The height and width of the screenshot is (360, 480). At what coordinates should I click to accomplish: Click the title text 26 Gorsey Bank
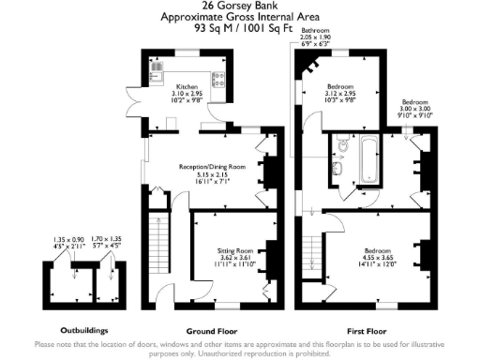coord(239,7)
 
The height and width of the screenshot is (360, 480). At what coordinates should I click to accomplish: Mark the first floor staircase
coord(311,246)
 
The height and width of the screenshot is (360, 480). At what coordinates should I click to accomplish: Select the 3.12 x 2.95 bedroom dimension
coord(338,94)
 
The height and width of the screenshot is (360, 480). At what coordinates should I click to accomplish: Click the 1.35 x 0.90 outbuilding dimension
coord(69,239)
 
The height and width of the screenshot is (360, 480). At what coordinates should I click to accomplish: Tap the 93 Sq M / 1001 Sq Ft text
coord(239,28)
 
